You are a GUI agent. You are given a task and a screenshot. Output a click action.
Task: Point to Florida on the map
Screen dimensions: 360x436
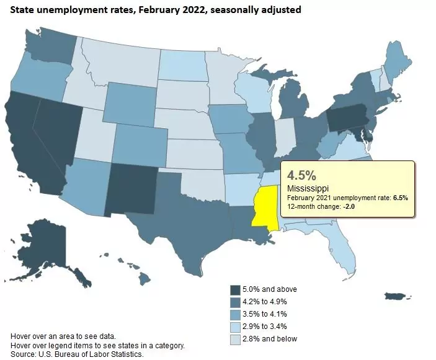344,248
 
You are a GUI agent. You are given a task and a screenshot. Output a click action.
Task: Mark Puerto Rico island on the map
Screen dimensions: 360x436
398,297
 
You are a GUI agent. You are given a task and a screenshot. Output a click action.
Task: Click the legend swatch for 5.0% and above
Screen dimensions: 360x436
236,289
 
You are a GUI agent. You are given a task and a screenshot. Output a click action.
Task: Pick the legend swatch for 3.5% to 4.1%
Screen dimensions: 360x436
236,314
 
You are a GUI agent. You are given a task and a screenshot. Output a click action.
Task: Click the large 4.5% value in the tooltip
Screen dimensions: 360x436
303,173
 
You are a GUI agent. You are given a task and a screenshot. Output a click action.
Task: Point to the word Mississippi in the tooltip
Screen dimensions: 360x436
309,187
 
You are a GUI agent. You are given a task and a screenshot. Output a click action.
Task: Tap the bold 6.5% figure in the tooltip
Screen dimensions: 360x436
400,197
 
